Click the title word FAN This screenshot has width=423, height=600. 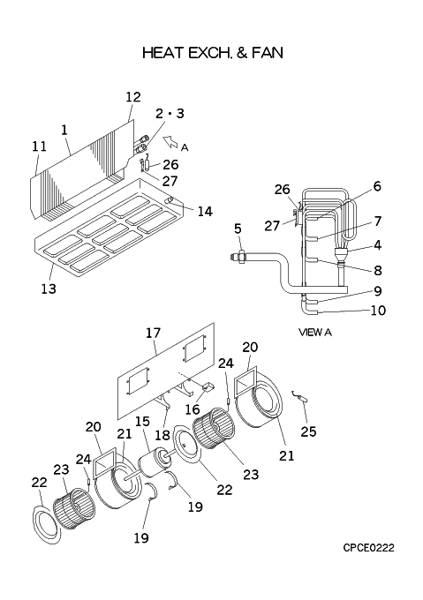[x=268, y=52]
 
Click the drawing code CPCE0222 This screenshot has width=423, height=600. [x=368, y=548]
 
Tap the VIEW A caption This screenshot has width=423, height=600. [x=315, y=333]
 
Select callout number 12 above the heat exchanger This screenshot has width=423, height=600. [x=133, y=97]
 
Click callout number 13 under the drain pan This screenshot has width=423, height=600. [x=49, y=289]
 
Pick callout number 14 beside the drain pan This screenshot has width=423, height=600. [x=205, y=211]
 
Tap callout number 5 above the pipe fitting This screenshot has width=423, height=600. [x=238, y=229]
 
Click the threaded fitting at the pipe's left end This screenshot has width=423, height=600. [x=238, y=257]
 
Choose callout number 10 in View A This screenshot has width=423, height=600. [x=378, y=311]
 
